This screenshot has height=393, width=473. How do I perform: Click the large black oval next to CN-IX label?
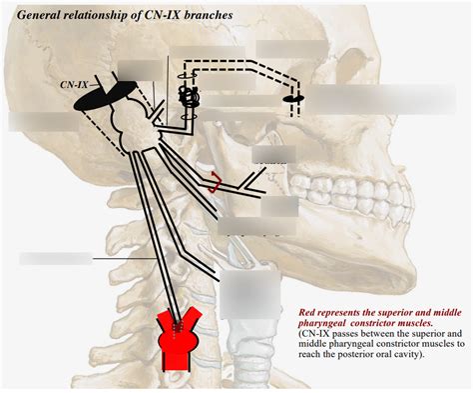(103, 96)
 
